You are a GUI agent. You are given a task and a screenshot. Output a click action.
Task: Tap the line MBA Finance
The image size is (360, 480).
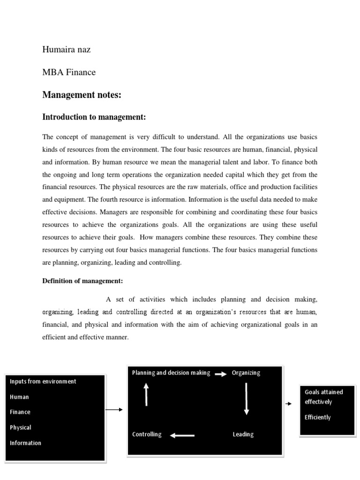69,72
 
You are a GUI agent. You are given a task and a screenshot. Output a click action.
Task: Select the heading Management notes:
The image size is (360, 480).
82,95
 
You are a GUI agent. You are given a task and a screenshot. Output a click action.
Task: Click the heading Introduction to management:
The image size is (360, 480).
97,117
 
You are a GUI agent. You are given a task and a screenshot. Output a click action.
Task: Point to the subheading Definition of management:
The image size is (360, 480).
82,281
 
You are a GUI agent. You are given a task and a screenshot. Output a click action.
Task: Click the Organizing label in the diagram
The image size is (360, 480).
246,373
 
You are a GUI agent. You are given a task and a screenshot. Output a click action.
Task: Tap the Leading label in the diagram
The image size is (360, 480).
243,435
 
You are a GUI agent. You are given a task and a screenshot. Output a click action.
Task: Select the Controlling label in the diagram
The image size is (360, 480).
147,435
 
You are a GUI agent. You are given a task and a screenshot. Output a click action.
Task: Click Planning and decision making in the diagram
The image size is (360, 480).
171,373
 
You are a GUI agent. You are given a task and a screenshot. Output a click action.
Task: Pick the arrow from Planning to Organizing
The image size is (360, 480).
221,374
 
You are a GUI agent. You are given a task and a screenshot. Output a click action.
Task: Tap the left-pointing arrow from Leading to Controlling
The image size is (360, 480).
182,435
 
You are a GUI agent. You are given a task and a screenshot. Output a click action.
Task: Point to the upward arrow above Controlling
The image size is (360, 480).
146,394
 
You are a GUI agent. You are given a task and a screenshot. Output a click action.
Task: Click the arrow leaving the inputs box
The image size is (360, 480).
114,410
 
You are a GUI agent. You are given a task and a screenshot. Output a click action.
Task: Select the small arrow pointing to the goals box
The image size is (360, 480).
288,404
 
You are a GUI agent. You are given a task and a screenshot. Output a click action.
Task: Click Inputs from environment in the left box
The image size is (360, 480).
43,382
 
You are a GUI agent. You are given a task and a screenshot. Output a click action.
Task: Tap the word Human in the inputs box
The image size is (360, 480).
19,397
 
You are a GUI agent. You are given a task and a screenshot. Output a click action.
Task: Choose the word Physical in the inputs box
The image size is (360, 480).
21,427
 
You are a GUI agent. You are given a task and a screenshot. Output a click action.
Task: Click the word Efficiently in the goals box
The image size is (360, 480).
317,417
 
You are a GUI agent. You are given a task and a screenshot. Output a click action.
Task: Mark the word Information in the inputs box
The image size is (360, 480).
25,443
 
